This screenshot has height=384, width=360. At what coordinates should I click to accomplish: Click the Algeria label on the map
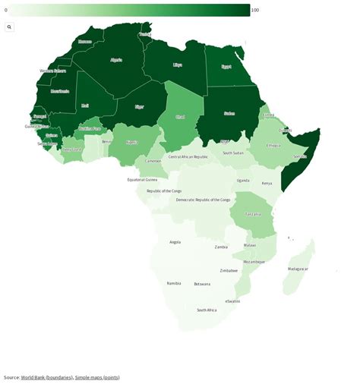pos(116,59)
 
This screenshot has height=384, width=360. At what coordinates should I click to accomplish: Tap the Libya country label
pos(177,65)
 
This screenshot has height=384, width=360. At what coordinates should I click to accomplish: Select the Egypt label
pos(226,66)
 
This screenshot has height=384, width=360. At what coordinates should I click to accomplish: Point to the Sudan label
pos(229,113)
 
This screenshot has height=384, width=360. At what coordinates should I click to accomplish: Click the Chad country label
pos(180,117)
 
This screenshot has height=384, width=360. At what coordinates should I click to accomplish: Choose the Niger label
pos(139,107)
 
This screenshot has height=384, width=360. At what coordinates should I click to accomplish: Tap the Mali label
pos(85,105)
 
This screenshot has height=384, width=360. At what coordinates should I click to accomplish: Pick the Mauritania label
pos(59,91)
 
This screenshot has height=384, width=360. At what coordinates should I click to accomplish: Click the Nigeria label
pos(131,142)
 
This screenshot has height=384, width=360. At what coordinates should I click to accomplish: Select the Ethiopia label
pos(273,145)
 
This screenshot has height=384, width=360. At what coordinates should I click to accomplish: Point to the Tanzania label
pos(252,214)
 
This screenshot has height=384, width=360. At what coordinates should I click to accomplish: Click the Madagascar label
pos(298,269)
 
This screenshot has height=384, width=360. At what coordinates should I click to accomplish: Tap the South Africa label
pos(207,310)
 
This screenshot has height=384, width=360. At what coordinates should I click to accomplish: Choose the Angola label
pos(175,241)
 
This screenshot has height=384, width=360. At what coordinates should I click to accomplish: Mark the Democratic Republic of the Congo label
pos(203,200)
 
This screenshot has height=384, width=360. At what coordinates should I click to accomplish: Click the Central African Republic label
pos(188,156)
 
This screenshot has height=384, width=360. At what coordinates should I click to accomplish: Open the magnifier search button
pos(10,27)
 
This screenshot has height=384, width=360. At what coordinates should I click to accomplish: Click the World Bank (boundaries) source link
pos(46,377)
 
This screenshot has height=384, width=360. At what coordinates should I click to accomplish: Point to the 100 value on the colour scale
pos(255,10)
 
